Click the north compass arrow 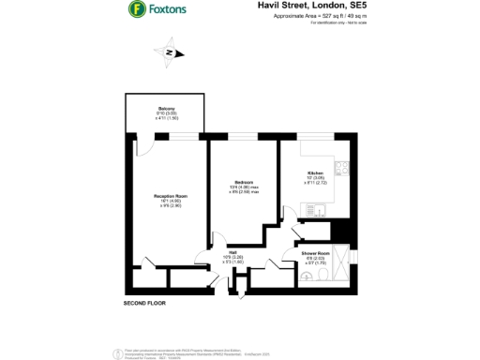[170, 52]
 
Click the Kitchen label [316, 173]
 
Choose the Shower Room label [315, 253]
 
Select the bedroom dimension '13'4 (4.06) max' [244, 187]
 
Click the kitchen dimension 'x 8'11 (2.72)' [316, 184]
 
